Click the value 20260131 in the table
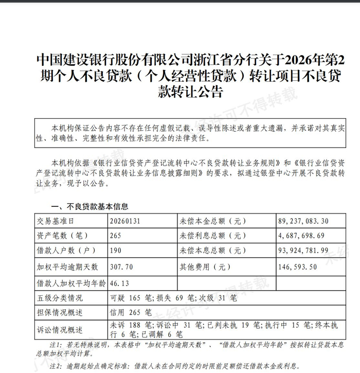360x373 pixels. tap(125, 221)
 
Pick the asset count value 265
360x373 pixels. tap(116, 236)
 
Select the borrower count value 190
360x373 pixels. tap(116, 251)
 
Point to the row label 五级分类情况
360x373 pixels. tap(60, 298)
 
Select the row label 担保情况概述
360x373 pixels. tap(60, 312)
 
